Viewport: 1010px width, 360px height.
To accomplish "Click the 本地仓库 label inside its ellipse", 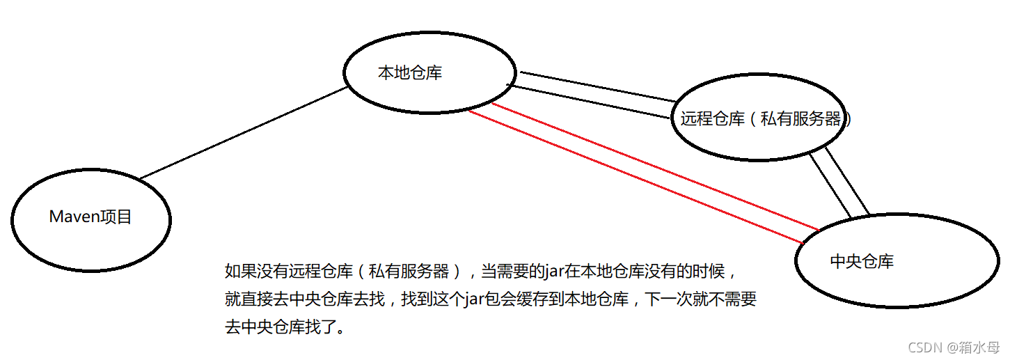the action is pyautogui.click(x=409, y=73).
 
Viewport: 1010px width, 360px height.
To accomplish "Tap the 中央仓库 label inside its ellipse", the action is pyautogui.click(x=862, y=262).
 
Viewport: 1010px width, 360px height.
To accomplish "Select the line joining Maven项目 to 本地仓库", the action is pyautogui.click(x=244, y=133).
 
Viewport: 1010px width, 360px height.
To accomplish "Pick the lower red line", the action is pyautogui.click(x=633, y=176).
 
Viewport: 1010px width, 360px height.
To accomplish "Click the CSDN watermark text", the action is pyautogui.click(x=925, y=347).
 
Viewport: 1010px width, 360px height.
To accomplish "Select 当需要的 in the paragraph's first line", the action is pyautogui.click(x=512, y=271).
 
